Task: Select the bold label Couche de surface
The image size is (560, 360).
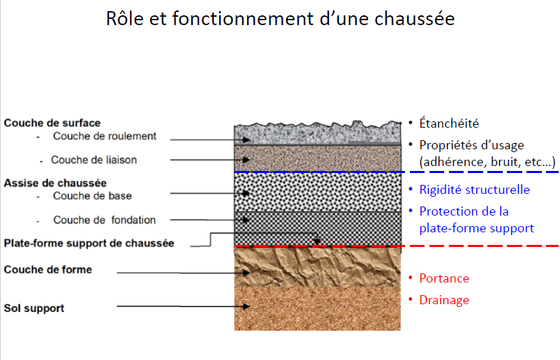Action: [52, 123]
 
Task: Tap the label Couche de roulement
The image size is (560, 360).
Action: [105, 136]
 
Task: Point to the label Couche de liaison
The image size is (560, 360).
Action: [94, 160]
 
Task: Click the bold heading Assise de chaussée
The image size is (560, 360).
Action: [55, 183]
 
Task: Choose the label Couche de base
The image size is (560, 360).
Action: [92, 196]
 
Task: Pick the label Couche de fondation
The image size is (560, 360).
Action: [105, 220]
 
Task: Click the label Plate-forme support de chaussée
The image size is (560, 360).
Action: [89, 243]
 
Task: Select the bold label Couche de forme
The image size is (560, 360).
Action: [48, 269]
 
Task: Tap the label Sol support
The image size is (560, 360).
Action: [34, 308]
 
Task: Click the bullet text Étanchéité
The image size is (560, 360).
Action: [449, 123]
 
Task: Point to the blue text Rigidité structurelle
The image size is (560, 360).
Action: [475, 190]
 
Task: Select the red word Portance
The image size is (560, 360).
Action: [444, 278]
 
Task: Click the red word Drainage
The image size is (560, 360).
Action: [444, 300]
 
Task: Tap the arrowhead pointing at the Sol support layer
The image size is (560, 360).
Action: [246, 306]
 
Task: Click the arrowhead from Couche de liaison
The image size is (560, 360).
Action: [246, 160]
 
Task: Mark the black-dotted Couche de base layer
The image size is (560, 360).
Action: [318, 192]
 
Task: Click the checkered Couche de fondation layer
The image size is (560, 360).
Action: [318, 228]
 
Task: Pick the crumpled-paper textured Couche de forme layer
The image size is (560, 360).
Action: [318, 267]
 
